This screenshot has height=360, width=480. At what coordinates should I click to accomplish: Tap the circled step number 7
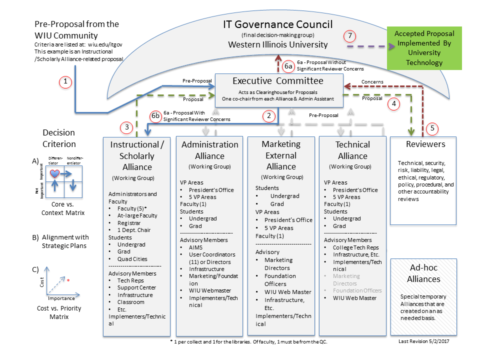click(x=350, y=36)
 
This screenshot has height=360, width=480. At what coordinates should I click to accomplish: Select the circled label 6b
click(x=155, y=116)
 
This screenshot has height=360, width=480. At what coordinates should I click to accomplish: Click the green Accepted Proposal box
click(x=424, y=48)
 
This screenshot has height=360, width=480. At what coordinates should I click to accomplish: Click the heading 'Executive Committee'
click(x=278, y=81)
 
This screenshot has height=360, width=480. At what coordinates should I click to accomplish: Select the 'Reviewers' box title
click(x=426, y=144)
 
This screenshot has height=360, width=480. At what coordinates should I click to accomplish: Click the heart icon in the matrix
click(x=55, y=173)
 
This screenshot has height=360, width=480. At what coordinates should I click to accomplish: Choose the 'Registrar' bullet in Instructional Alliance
click(x=130, y=222)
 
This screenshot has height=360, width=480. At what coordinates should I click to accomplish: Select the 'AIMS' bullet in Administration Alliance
click(x=196, y=247)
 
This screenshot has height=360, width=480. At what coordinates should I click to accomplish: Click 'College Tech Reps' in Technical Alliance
click(x=355, y=247)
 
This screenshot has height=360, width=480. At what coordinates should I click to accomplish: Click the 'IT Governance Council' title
click(x=277, y=24)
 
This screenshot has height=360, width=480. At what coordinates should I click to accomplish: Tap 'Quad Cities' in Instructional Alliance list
click(x=132, y=258)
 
